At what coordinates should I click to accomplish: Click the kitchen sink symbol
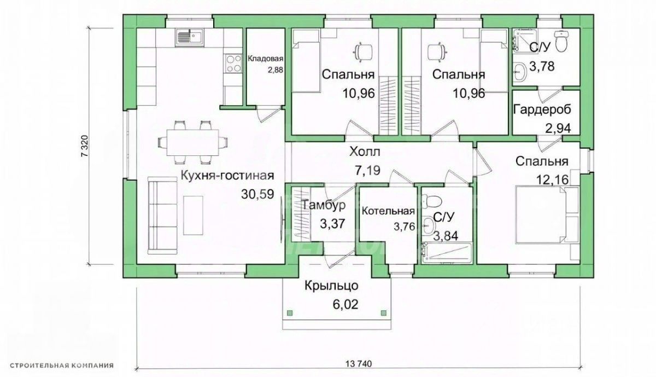[x=190, y=38]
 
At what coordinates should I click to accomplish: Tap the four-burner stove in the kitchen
[x=233, y=63]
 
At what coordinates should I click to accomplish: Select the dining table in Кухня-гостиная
[x=192, y=143]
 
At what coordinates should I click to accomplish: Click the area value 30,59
[x=257, y=194]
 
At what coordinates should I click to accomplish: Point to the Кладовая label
[x=266, y=59]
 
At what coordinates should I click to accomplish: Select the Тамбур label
[x=323, y=205]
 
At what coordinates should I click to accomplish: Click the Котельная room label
[x=388, y=211]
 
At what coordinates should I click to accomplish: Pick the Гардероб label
[x=542, y=109]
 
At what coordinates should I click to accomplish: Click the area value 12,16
[x=552, y=179]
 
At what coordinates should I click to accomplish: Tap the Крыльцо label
[x=331, y=285]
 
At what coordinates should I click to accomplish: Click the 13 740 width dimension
[x=359, y=364]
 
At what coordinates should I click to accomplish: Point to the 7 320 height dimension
[x=84, y=146]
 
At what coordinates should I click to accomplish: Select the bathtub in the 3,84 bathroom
[x=446, y=253]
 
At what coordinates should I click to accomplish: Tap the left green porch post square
[x=290, y=313]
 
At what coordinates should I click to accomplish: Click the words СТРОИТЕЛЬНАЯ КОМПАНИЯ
[x=61, y=366]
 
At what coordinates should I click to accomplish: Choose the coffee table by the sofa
[x=193, y=215]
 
